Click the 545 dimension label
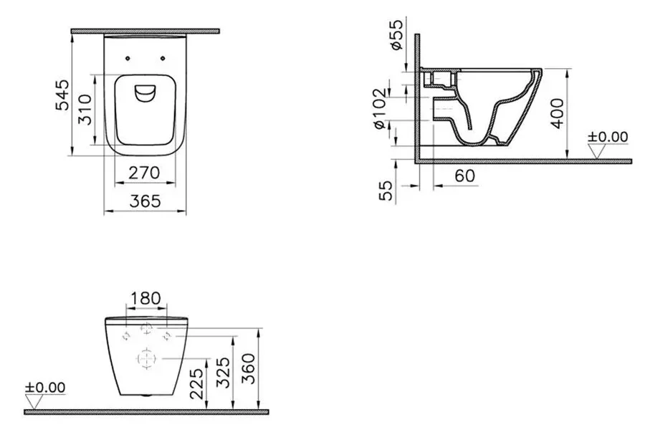(x=62, y=95)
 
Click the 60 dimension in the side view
(x=464, y=173)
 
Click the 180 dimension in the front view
(x=146, y=297)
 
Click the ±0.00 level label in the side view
(x=608, y=136)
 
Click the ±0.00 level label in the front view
(x=46, y=387)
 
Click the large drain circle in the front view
(x=145, y=356)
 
